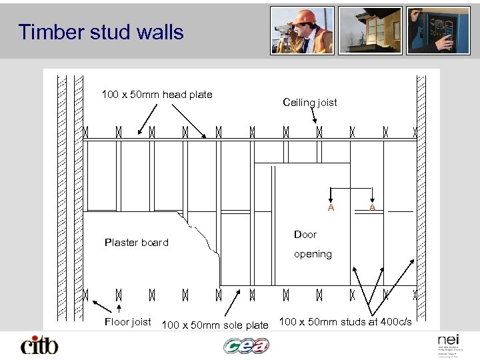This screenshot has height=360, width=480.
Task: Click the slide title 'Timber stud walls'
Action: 101,32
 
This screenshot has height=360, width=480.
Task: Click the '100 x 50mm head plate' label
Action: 157,95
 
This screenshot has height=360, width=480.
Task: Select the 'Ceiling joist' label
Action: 310,103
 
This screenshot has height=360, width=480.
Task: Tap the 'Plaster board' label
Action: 137,242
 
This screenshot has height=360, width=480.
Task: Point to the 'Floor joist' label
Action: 129,322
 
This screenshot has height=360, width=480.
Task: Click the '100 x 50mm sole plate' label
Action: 215,325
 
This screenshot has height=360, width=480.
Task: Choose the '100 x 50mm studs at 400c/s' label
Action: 345,323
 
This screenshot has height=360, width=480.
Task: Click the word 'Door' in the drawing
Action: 305,235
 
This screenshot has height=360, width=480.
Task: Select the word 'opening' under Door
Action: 313,254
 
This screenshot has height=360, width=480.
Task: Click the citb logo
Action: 39,345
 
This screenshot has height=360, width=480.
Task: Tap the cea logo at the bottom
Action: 246,346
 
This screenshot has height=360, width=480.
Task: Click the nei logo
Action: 445,340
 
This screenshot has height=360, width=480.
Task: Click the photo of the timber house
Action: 370,30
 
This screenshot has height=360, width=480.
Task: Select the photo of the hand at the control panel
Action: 439,30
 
